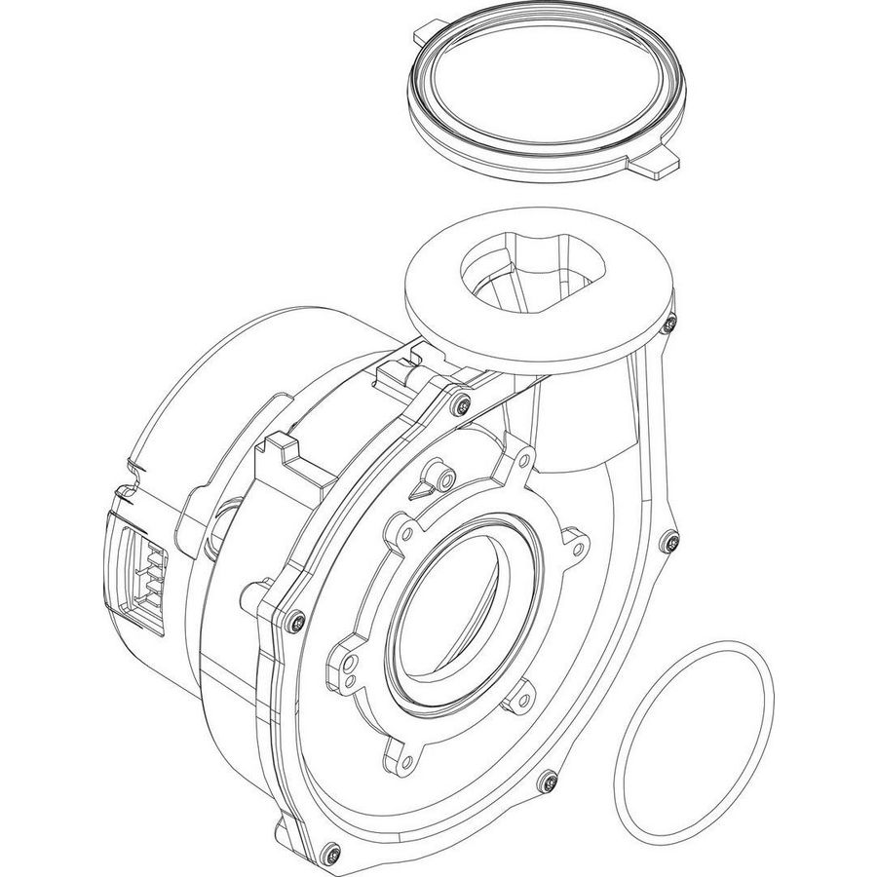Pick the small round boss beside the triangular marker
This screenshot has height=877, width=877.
click(444, 477)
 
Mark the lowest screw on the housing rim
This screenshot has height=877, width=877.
click(331, 849)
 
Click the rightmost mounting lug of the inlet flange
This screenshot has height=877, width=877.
click(575, 535)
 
